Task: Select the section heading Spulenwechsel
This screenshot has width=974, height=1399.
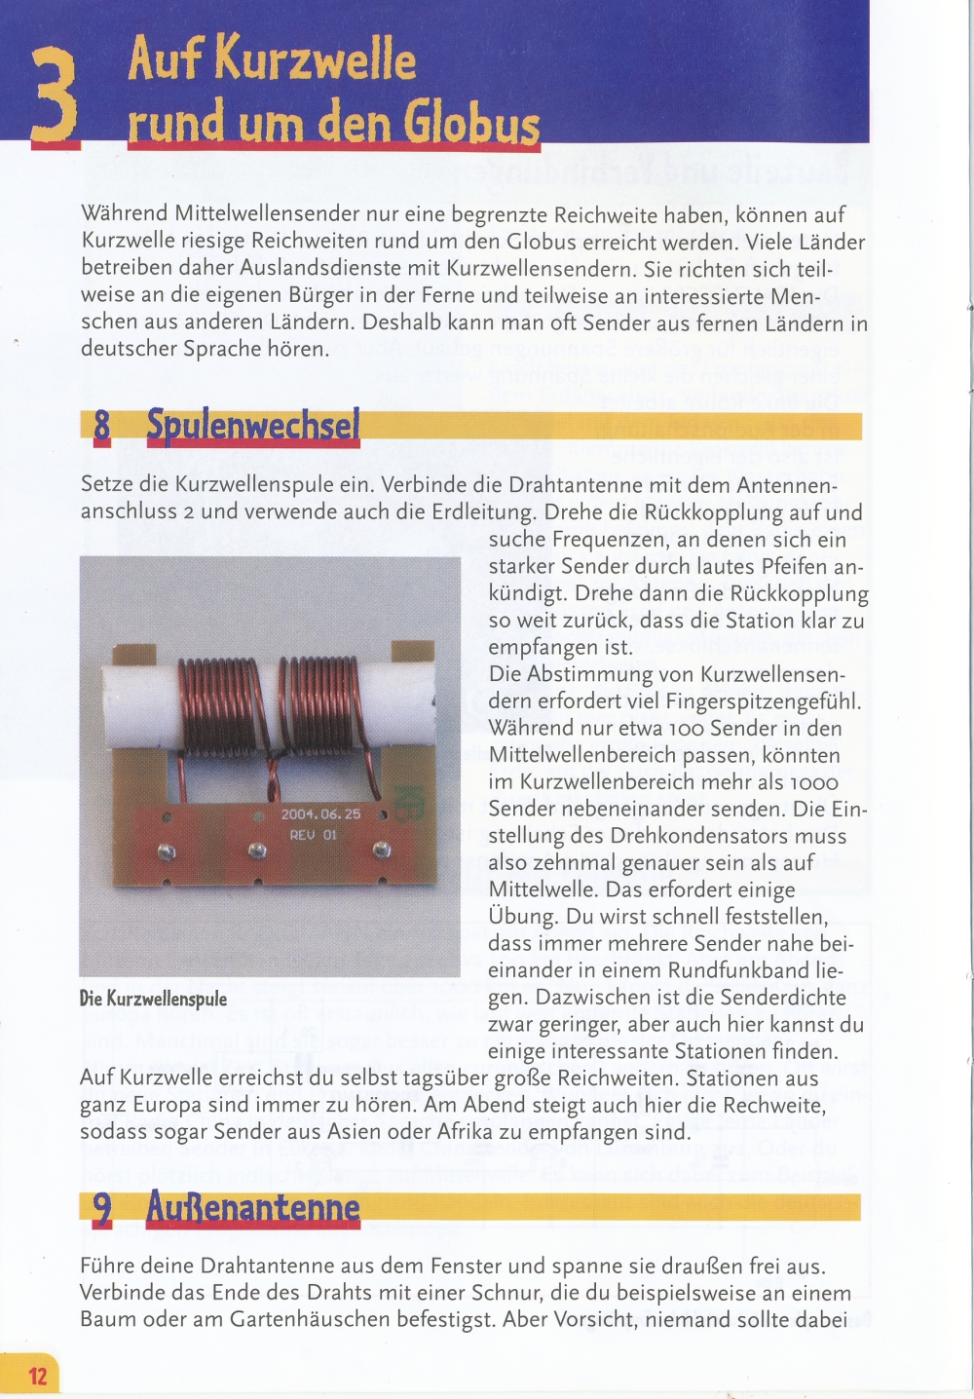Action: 253,426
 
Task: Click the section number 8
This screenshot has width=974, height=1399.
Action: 102,427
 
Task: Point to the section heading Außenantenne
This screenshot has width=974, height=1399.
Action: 253,1208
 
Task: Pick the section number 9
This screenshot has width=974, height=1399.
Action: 102,1209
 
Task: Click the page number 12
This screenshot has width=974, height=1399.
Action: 37,1376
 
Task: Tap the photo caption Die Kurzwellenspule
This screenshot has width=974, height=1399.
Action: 153,999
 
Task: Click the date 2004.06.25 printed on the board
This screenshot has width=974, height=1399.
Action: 320,814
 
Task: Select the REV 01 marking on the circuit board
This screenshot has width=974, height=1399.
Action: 312,835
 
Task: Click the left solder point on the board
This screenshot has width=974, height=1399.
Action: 168,852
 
